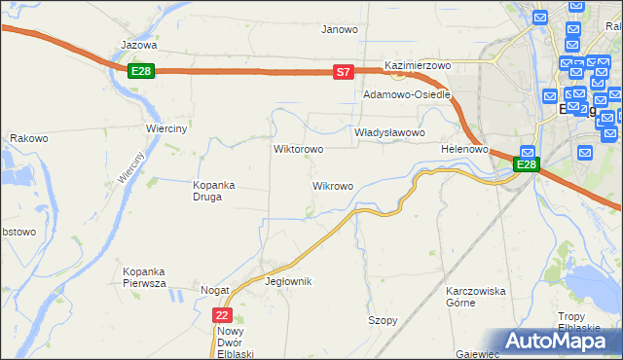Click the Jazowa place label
point(139,45)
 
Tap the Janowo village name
point(340,29)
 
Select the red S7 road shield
point(343,72)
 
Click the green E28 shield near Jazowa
point(141,71)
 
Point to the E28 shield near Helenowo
point(526,165)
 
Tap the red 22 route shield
point(223,315)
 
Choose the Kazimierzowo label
point(420,65)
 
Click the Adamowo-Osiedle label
point(406,95)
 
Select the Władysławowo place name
point(389,132)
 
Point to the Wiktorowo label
point(299,150)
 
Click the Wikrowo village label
point(332,185)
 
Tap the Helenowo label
point(463,149)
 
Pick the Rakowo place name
point(29,138)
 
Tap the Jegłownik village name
point(288,281)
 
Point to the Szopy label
point(383,320)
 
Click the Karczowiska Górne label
point(475,297)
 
